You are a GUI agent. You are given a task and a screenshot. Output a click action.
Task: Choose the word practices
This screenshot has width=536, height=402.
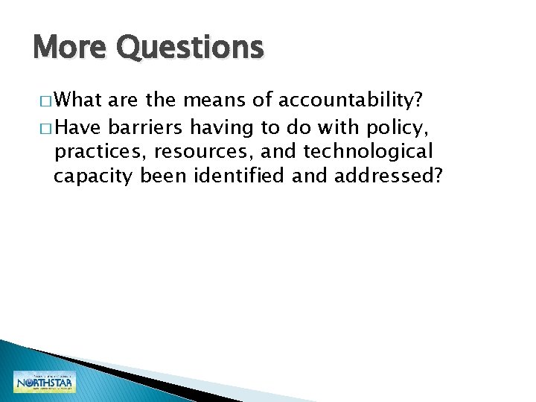point(98,152)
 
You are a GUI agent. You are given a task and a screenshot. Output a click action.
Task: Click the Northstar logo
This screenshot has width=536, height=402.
point(44,382)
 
